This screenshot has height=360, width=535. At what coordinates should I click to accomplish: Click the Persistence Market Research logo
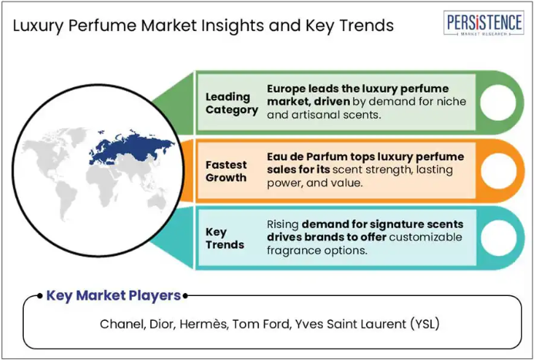click(483, 23)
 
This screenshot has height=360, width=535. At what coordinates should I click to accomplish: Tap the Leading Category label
click(232, 103)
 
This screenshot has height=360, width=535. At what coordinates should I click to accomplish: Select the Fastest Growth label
click(226, 171)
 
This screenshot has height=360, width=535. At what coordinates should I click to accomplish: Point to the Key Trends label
click(225, 238)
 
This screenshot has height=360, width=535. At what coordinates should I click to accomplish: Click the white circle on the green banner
click(498, 103)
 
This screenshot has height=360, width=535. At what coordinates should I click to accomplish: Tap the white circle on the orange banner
click(499, 170)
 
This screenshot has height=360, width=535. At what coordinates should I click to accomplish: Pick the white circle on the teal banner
click(499, 238)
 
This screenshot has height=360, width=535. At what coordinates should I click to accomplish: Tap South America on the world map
click(66, 200)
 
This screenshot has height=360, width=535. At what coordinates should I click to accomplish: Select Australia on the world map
click(156, 203)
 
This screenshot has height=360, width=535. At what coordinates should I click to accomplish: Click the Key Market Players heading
click(113, 295)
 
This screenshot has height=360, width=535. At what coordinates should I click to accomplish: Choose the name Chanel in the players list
click(123, 324)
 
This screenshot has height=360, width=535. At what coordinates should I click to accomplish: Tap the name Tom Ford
click(261, 324)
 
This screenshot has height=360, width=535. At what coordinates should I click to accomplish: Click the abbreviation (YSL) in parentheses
click(425, 324)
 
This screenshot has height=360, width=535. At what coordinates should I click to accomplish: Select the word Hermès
click(204, 324)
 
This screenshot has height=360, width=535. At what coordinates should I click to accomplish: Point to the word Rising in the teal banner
click(282, 225)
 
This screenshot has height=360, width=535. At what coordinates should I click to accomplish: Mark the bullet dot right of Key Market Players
click(185, 296)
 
